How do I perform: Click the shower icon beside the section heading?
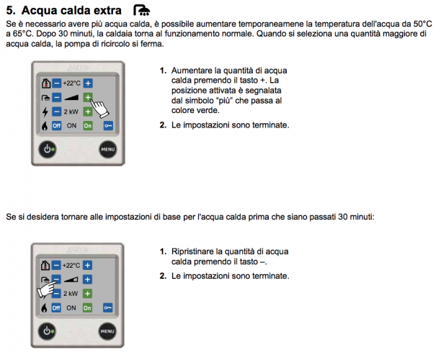click(141, 10)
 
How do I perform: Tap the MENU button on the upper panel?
click(108, 149)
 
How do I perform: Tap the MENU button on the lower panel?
click(107, 331)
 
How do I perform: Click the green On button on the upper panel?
click(88, 125)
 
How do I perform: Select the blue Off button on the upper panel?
click(57, 125)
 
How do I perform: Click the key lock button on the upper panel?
click(108, 125)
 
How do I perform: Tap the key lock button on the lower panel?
click(108, 307)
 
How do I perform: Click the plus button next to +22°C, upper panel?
click(88, 84)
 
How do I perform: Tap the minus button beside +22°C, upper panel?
click(57, 84)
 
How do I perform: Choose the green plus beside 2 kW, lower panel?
click(87, 294)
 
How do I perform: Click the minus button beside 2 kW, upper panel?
click(57, 112)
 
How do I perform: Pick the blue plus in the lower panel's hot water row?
click(87, 279)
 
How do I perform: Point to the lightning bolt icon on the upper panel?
click(45, 112)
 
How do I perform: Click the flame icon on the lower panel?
click(44, 308)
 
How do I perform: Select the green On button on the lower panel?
click(87, 307)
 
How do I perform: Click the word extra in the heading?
click(107, 11)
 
